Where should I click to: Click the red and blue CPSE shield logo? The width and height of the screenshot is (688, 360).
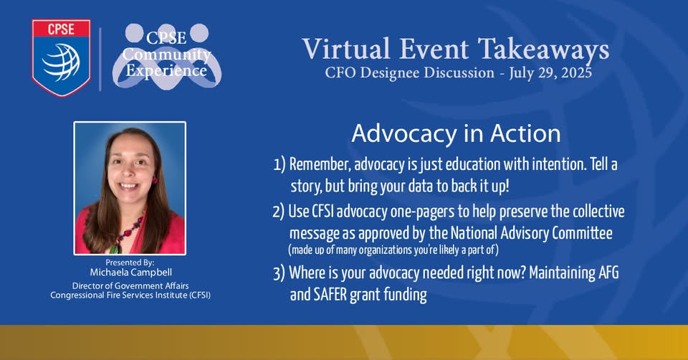coord(61,57)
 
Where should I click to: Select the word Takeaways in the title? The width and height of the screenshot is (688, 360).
coord(543,50)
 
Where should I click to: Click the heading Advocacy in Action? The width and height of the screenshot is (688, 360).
coord(456,133)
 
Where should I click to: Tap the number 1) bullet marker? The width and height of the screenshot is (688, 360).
coord(279,165)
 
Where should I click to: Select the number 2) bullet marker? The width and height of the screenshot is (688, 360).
coord(279,212)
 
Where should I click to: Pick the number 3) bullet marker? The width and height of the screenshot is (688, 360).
coord(279,273)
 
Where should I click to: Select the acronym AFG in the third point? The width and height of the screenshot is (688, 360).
coord(608,273)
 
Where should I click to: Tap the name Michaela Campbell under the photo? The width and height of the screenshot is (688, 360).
coord(130,273)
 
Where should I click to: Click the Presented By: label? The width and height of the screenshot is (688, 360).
coord(130,262)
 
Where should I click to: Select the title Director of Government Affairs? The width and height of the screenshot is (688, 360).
coord(130,286)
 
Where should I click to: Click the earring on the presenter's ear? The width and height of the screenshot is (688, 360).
coord(155,179)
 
